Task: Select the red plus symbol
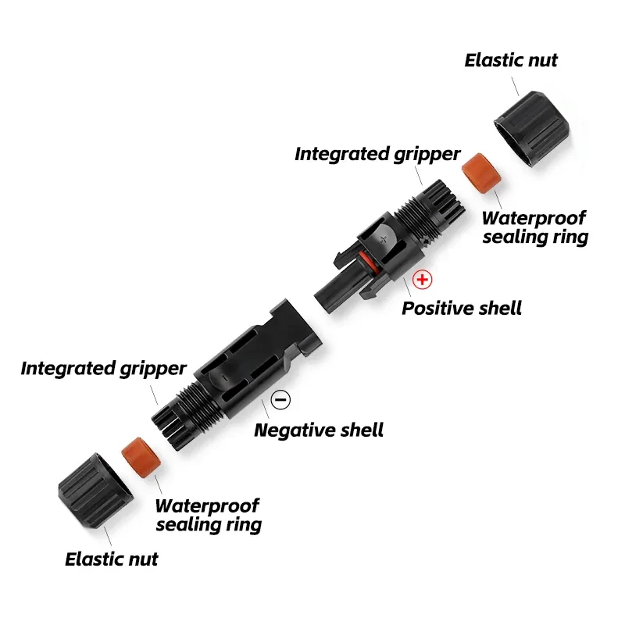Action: click(x=423, y=279)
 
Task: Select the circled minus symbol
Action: click(x=280, y=400)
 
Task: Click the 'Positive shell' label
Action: click(x=461, y=307)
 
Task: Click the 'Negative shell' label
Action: click(x=319, y=429)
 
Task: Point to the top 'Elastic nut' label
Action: click(x=511, y=60)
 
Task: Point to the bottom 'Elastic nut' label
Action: click(x=111, y=559)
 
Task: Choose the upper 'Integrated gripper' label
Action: click(x=377, y=154)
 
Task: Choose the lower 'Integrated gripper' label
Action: click(x=104, y=368)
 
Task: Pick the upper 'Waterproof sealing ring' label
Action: click(x=534, y=227)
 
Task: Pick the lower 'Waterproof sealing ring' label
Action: click(x=208, y=515)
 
